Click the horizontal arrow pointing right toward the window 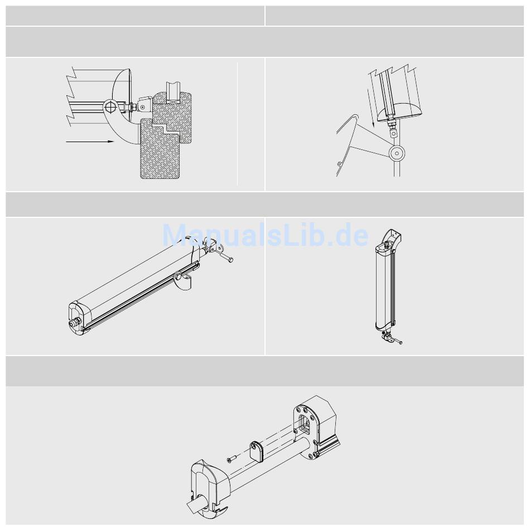tap(90, 142)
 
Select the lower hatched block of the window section tap(160, 148)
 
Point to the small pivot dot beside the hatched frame tap(143, 107)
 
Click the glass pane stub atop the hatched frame tap(174, 92)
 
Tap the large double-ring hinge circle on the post tap(396, 153)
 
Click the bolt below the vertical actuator tap(398, 341)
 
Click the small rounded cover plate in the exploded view tap(257, 451)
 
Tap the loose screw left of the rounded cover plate tap(232, 459)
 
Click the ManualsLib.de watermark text tap(266, 235)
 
